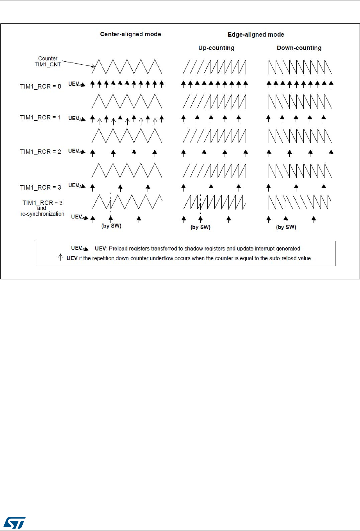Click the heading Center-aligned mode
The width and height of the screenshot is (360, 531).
pyautogui.click(x=130, y=34)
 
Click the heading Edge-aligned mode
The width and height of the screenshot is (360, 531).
pyautogui.click(x=256, y=35)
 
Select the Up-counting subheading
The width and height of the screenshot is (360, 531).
pyautogui.click(x=216, y=48)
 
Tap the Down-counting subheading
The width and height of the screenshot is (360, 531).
pyautogui.click(x=299, y=48)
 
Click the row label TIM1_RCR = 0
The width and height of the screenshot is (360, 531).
pyautogui.click(x=41, y=86)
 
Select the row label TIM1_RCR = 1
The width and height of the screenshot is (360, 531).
pyautogui.click(x=41, y=117)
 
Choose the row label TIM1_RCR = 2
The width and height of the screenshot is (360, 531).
pyautogui.click(x=41, y=151)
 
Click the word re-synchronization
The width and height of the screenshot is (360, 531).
pyautogui.click(x=42, y=214)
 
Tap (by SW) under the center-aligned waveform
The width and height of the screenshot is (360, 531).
pyautogui.click(x=111, y=226)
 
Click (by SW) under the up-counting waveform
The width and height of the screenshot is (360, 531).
pyautogui.click(x=200, y=227)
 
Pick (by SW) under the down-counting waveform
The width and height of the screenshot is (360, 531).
pyautogui.click(x=286, y=227)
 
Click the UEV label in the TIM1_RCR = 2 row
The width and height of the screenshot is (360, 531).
pyautogui.click(x=74, y=151)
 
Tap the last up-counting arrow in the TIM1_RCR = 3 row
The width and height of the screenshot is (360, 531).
pyautogui.click(x=239, y=188)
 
